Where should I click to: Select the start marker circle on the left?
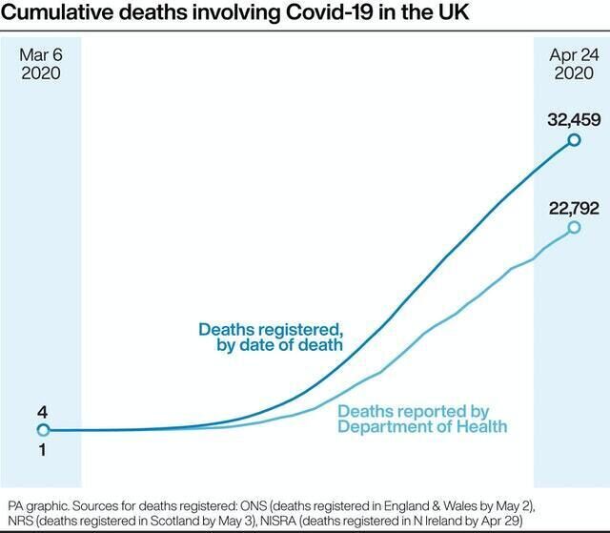[42, 430]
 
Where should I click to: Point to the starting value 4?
[42, 412]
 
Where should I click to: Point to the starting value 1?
[42, 449]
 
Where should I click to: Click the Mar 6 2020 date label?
[41, 63]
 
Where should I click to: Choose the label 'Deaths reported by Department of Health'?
[422, 419]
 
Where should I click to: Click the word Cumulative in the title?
[58, 14]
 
